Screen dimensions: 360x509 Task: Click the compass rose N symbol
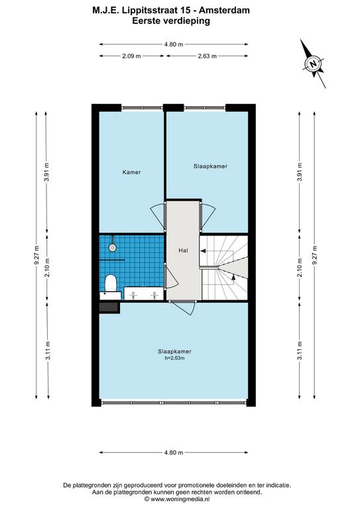[x=313, y=64]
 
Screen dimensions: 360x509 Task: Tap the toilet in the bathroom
[x=111, y=283]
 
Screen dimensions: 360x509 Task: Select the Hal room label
[x=183, y=251]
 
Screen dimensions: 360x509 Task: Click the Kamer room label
[x=131, y=172]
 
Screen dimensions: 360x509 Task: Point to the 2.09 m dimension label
[x=131, y=56]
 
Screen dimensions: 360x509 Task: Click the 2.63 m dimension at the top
[x=208, y=56]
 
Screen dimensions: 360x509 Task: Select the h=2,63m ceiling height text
[x=174, y=358]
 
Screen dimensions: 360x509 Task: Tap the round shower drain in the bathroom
[x=112, y=247]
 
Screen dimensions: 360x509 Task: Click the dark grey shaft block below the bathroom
[x=109, y=308]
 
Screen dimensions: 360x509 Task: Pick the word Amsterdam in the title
[x=224, y=10]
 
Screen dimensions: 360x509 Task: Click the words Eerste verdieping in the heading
[x=171, y=21]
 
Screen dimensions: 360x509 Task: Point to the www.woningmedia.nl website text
[x=180, y=499]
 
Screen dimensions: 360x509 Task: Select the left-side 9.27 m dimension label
[x=36, y=255]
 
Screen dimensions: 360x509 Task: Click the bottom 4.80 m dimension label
[x=174, y=452]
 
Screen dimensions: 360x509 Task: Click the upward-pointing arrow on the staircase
[x=233, y=276]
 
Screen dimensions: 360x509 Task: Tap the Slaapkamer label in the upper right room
[x=210, y=166]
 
